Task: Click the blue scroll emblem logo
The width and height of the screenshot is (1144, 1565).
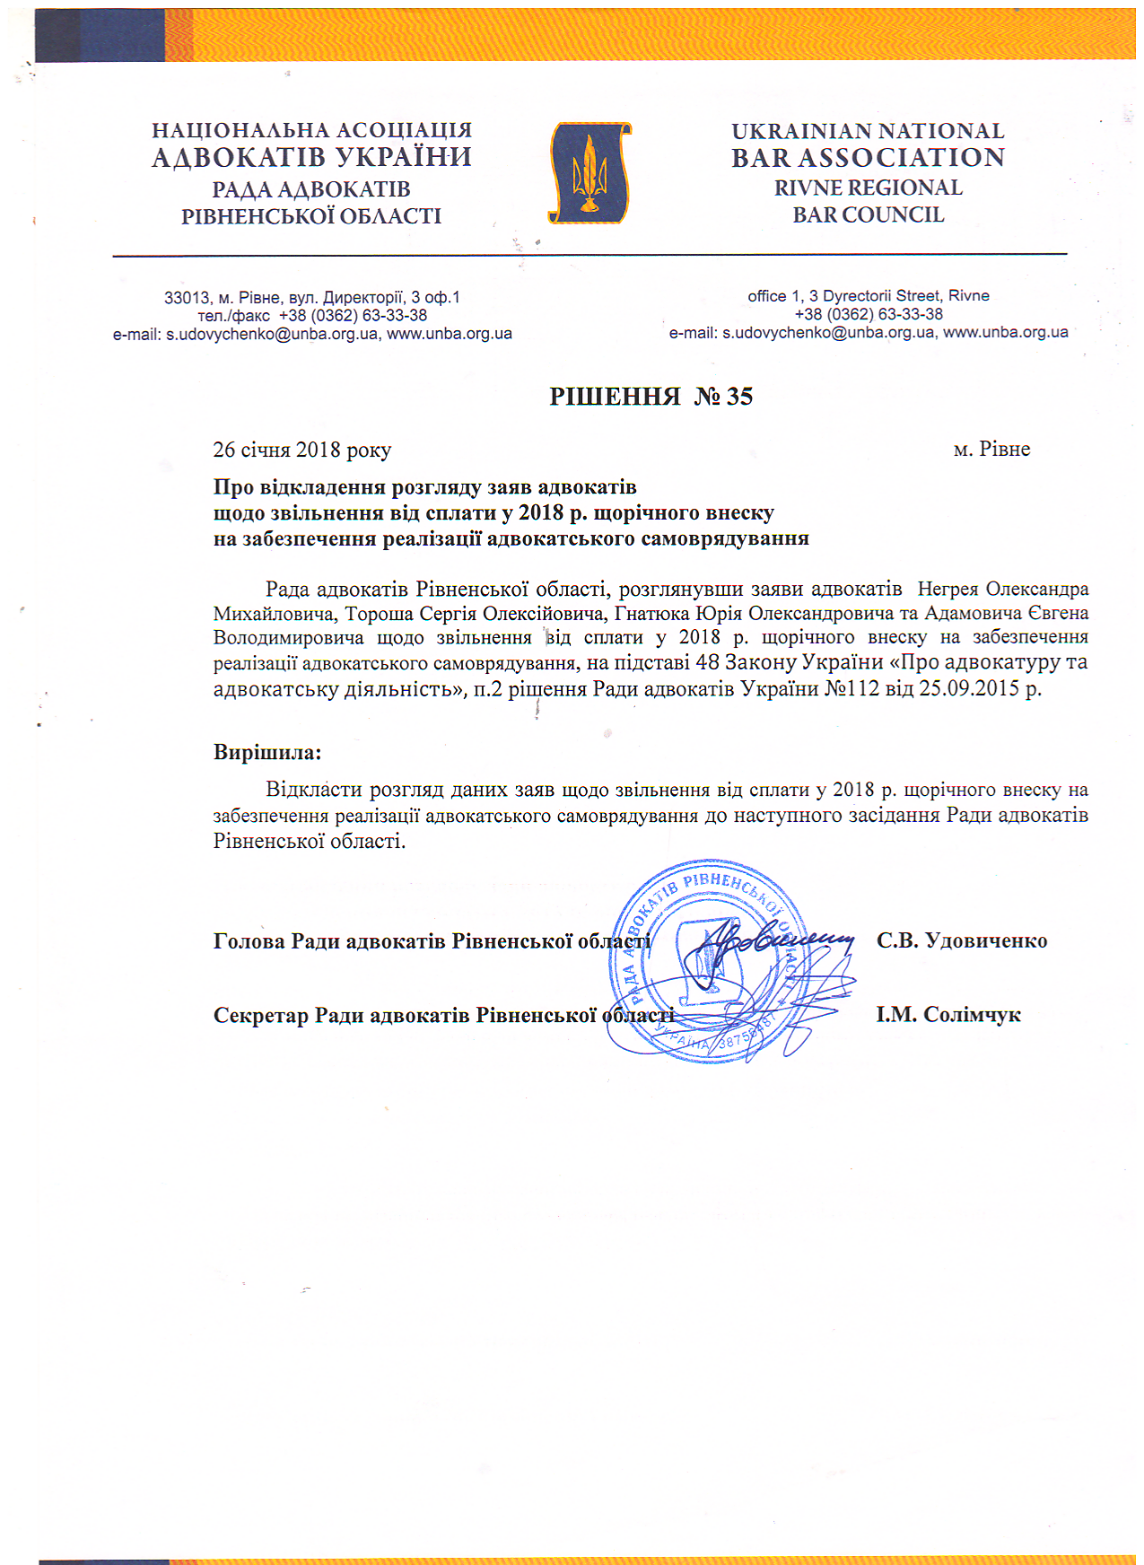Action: (589, 173)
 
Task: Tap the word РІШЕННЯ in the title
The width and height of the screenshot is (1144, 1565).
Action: (615, 397)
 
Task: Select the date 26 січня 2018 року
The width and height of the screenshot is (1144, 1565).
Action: (301, 450)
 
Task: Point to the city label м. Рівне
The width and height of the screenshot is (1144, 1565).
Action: (991, 449)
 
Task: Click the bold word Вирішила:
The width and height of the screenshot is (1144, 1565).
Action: (266, 752)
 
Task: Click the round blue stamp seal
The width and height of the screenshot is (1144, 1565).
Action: (709, 960)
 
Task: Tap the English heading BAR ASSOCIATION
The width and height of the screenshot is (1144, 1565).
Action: (868, 158)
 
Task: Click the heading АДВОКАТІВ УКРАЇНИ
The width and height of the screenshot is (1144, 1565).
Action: (311, 158)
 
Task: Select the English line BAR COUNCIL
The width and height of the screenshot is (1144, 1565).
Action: (868, 215)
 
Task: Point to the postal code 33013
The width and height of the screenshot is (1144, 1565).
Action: (187, 298)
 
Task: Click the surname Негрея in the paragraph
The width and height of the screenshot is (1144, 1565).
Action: (948, 590)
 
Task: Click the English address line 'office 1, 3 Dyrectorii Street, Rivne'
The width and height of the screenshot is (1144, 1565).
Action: (868, 296)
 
